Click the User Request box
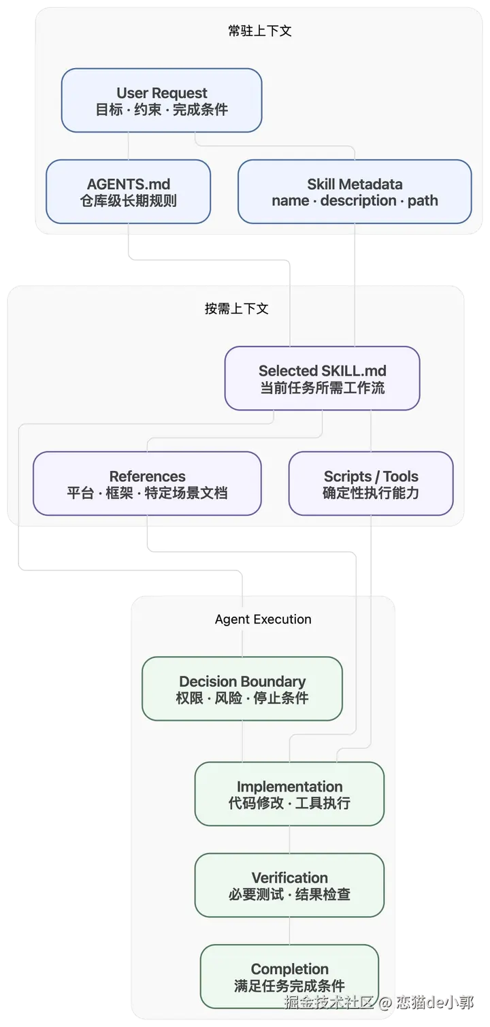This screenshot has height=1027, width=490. click(162, 101)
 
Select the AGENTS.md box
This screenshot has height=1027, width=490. click(129, 192)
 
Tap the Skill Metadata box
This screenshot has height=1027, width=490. click(355, 192)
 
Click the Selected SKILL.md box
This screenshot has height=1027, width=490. click(322, 378)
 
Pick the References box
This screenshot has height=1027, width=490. click(147, 484)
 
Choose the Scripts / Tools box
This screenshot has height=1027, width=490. click(371, 484)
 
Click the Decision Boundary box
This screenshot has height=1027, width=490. click(242, 689)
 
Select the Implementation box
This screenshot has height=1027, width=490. click(289, 794)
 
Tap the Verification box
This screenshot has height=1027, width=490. click(289, 885)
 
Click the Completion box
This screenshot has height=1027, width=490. click(289, 977)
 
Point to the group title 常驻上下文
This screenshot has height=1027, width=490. click(260, 31)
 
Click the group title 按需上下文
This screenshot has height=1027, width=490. click(237, 308)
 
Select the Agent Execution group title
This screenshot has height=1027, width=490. click(263, 619)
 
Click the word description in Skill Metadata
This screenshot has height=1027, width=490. click(359, 200)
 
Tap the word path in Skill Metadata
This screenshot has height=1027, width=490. click(423, 201)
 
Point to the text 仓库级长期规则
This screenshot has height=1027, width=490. click(129, 200)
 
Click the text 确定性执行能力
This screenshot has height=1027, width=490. click(371, 493)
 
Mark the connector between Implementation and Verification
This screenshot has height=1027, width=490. click(289, 840)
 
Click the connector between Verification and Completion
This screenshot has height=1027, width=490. click(289, 931)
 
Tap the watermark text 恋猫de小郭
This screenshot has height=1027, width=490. click(435, 1002)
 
